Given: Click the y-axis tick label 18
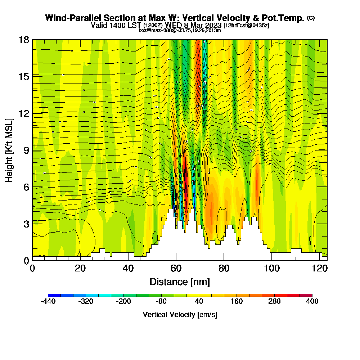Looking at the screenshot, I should point(24,40).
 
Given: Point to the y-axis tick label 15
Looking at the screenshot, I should point(24,76).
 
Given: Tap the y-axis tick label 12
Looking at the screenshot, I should point(24,113).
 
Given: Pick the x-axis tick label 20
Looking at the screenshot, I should point(80,269).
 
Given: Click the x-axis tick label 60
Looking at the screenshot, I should point(176,269).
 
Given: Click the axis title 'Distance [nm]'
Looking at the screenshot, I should point(180,282).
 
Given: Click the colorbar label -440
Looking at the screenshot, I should point(48,302).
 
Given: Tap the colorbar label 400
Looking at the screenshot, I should point(312,302).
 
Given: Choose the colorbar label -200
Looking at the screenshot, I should point(123,302).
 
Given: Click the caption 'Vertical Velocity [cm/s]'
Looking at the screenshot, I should point(180,315).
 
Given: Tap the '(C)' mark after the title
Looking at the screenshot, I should point(311,18).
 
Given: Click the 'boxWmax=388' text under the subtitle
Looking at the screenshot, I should point(154,30).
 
